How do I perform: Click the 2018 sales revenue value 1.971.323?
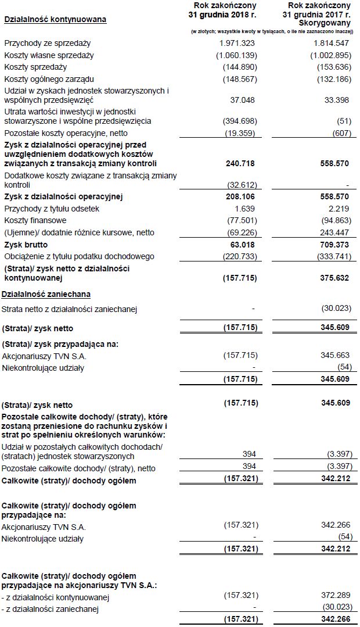pyautogui.click(x=239, y=44)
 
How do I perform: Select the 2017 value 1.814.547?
pyautogui.click(x=332, y=44)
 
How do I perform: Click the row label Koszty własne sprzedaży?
pyautogui.click(x=49, y=55)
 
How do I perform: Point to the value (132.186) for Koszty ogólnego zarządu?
pyautogui.click(x=333, y=78)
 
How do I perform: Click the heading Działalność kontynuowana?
pyautogui.click(x=55, y=20)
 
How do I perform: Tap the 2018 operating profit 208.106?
pyautogui.click(x=240, y=197)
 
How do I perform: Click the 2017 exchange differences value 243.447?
pyautogui.click(x=336, y=232)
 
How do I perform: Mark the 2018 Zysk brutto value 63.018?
pyautogui.click(x=243, y=245)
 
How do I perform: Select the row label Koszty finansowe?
pyautogui.click(x=35, y=220)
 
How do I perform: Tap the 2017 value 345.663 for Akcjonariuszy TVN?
pyautogui.click(x=336, y=356)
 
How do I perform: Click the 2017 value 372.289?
pyautogui.click(x=336, y=597)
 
